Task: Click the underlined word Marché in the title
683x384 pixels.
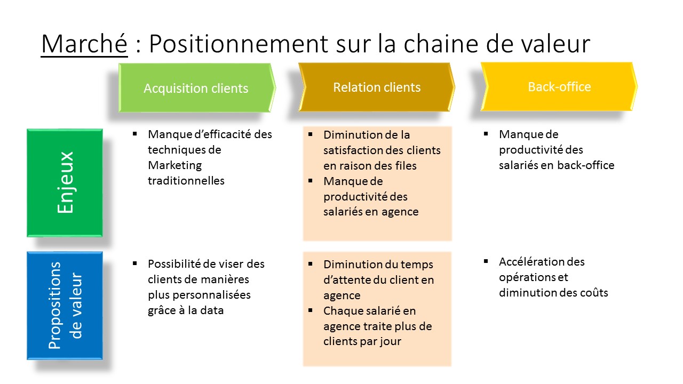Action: point(84,44)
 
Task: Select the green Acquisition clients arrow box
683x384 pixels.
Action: point(196,88)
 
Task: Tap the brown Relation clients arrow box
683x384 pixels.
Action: point(377,87)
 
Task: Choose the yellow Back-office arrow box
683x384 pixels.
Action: point(559,86)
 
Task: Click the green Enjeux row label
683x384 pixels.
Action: point(65,182)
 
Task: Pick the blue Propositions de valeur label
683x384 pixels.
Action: point(65,306)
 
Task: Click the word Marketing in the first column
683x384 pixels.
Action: point(174,165)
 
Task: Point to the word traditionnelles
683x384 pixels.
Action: point(186,181)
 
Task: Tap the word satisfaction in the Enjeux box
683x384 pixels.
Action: point(355,150)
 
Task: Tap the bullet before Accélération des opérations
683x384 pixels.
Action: point(486,261)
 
